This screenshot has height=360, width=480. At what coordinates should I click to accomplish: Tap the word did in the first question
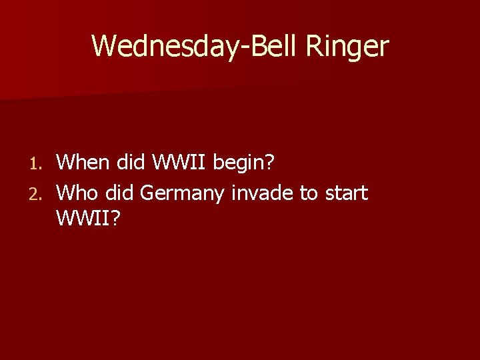click(x=131, y=161)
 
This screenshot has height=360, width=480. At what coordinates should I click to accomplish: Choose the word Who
click(x=77, y=193)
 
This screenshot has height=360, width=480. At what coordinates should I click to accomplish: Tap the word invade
click(x=263, y=193)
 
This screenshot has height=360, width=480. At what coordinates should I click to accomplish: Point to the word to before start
click(x=309, y=193)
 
